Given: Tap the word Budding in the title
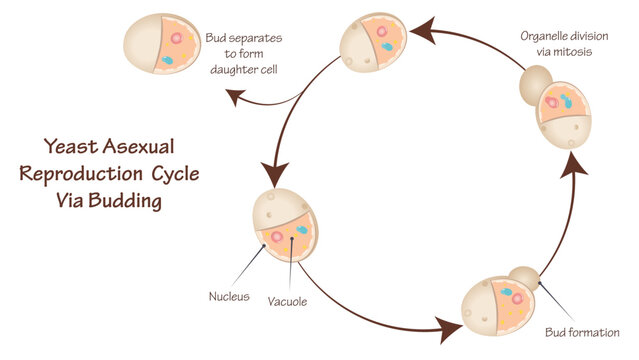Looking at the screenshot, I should tap(124, 200).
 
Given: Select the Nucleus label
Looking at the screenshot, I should tap(228, 297).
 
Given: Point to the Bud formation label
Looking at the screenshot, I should tap(581, 332).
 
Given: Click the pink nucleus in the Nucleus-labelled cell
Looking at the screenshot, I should tap(276, 238).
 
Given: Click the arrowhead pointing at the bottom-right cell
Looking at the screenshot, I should tap(445, 326).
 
